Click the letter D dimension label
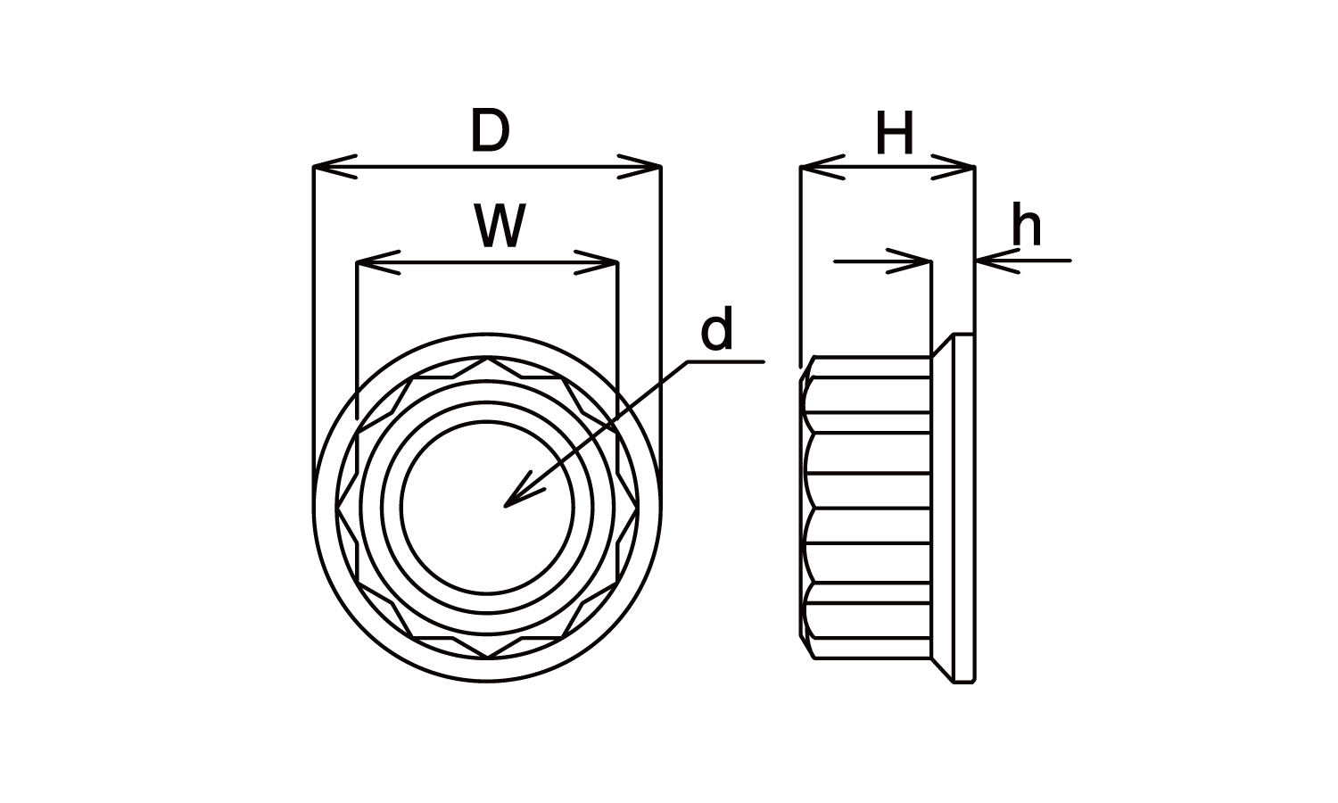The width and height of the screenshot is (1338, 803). coord(490,132)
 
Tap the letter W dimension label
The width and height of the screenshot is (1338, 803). coord(500,228)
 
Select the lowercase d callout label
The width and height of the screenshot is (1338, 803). coord(716,331)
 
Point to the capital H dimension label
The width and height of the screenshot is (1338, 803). coord(895,136)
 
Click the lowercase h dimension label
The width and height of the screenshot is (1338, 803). coord(1026,227)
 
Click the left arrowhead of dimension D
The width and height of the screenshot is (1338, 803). coord(332,167)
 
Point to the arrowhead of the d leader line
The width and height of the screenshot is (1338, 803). coord(517,493)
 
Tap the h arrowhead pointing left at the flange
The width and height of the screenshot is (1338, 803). coord(995,261)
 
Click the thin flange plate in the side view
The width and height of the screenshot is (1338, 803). coord(963,508)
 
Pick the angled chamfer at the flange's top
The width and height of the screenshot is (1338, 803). coord(943,346)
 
